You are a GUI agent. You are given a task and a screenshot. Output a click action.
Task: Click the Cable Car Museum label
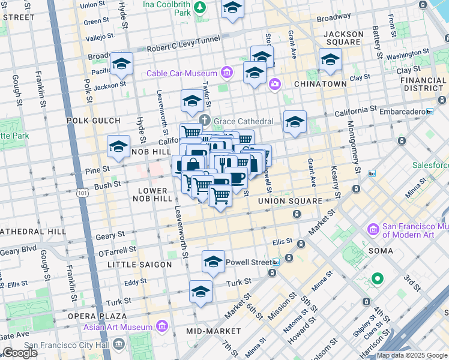183,73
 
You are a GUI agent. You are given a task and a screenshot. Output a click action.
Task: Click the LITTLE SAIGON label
135,264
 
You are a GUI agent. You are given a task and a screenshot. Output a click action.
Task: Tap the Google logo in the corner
20,353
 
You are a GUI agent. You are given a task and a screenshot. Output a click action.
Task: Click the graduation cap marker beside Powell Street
213,262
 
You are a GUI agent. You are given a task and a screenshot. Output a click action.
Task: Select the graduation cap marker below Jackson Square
330,60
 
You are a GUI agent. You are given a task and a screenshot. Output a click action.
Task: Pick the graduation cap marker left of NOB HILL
118,146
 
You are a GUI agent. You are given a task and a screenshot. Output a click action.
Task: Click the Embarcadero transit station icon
429,112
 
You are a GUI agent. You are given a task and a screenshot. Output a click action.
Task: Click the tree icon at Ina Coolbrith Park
202,7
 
